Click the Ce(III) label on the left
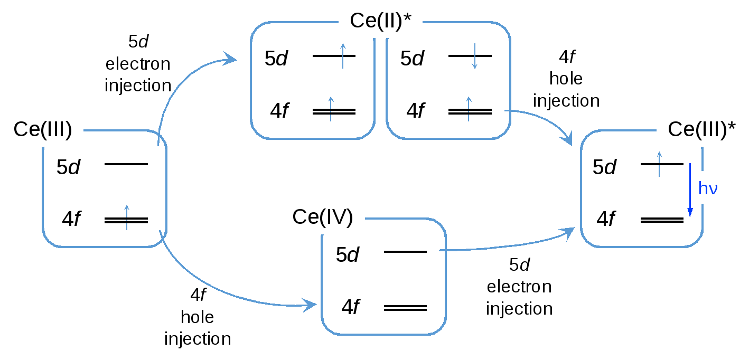pos(43,128)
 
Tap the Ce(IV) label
pos(322,216)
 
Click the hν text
pos(708,188)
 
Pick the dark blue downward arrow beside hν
pos(690,190)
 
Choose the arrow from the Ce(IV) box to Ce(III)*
pos(507,245)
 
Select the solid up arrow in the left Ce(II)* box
pos(343,56)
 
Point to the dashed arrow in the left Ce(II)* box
pos(331,109)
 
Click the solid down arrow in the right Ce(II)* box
pos(474,56)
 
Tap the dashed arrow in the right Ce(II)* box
pos(468,109)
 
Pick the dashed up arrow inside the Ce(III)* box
pos(659,164)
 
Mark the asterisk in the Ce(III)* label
pos(732,126)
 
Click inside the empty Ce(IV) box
pos(383,280)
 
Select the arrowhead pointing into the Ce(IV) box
pos(309,305)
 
